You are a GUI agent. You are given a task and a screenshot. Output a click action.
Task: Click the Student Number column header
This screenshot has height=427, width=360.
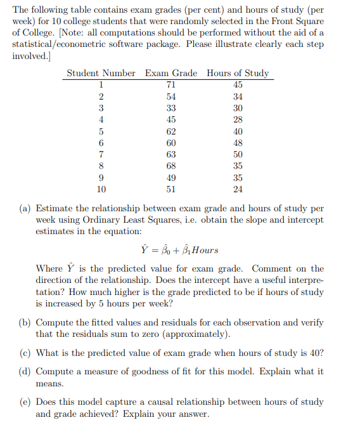[101, 73]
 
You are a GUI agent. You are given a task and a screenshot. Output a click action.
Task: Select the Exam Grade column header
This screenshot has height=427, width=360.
[171, 73]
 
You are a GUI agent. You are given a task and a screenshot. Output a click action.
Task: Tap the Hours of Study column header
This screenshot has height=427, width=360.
[238, 73]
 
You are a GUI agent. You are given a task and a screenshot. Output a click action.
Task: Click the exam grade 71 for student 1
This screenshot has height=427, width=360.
[171, 85]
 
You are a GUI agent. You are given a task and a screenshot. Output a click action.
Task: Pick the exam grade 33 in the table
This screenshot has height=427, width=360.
[171, 108]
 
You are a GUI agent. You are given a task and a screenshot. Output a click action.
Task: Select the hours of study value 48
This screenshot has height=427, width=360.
[238, 143]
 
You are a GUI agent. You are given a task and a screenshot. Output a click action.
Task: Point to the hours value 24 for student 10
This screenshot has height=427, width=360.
[238, 189]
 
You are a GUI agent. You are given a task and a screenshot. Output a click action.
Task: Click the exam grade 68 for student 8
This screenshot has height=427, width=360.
[171, 166]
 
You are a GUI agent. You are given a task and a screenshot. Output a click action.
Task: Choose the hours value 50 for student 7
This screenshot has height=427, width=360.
[238, 155]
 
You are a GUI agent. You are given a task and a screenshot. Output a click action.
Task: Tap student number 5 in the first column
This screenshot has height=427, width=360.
[101, 132]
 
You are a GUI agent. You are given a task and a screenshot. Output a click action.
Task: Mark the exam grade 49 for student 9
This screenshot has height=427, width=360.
[171, 178]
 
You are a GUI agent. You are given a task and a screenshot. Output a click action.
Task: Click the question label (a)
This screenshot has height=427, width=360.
[23, 208]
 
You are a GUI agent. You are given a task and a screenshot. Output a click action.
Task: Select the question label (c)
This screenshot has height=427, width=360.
[23, 353]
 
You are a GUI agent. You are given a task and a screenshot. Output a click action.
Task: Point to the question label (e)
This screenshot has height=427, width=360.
[23, 402]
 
